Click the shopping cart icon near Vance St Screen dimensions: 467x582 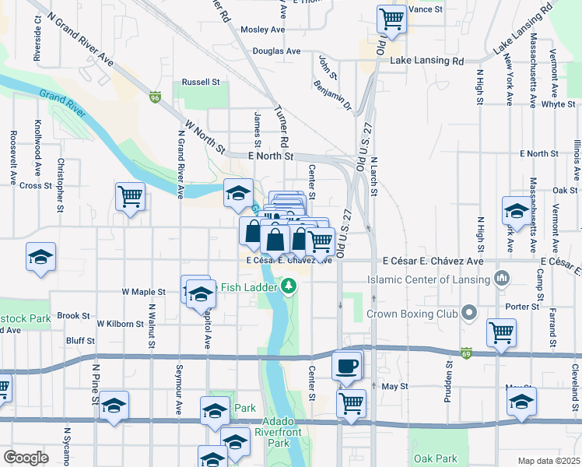coord(391,19)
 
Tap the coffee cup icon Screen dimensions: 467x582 coord(347,365)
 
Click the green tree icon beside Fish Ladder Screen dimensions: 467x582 coord(289,286)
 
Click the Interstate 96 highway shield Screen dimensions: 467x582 coord(156,98)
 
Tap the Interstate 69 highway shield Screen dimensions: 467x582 coord(466,353)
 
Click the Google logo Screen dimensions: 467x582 coord(26,458)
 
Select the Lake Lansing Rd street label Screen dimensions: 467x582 coord(426,61)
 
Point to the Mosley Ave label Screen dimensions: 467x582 coord(262,30)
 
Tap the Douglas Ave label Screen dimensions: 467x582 coord(276,51)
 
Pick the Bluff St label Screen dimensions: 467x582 coord(80,341)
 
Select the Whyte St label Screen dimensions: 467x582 coord(558,104)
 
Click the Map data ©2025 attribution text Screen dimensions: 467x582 coord(549,461)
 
